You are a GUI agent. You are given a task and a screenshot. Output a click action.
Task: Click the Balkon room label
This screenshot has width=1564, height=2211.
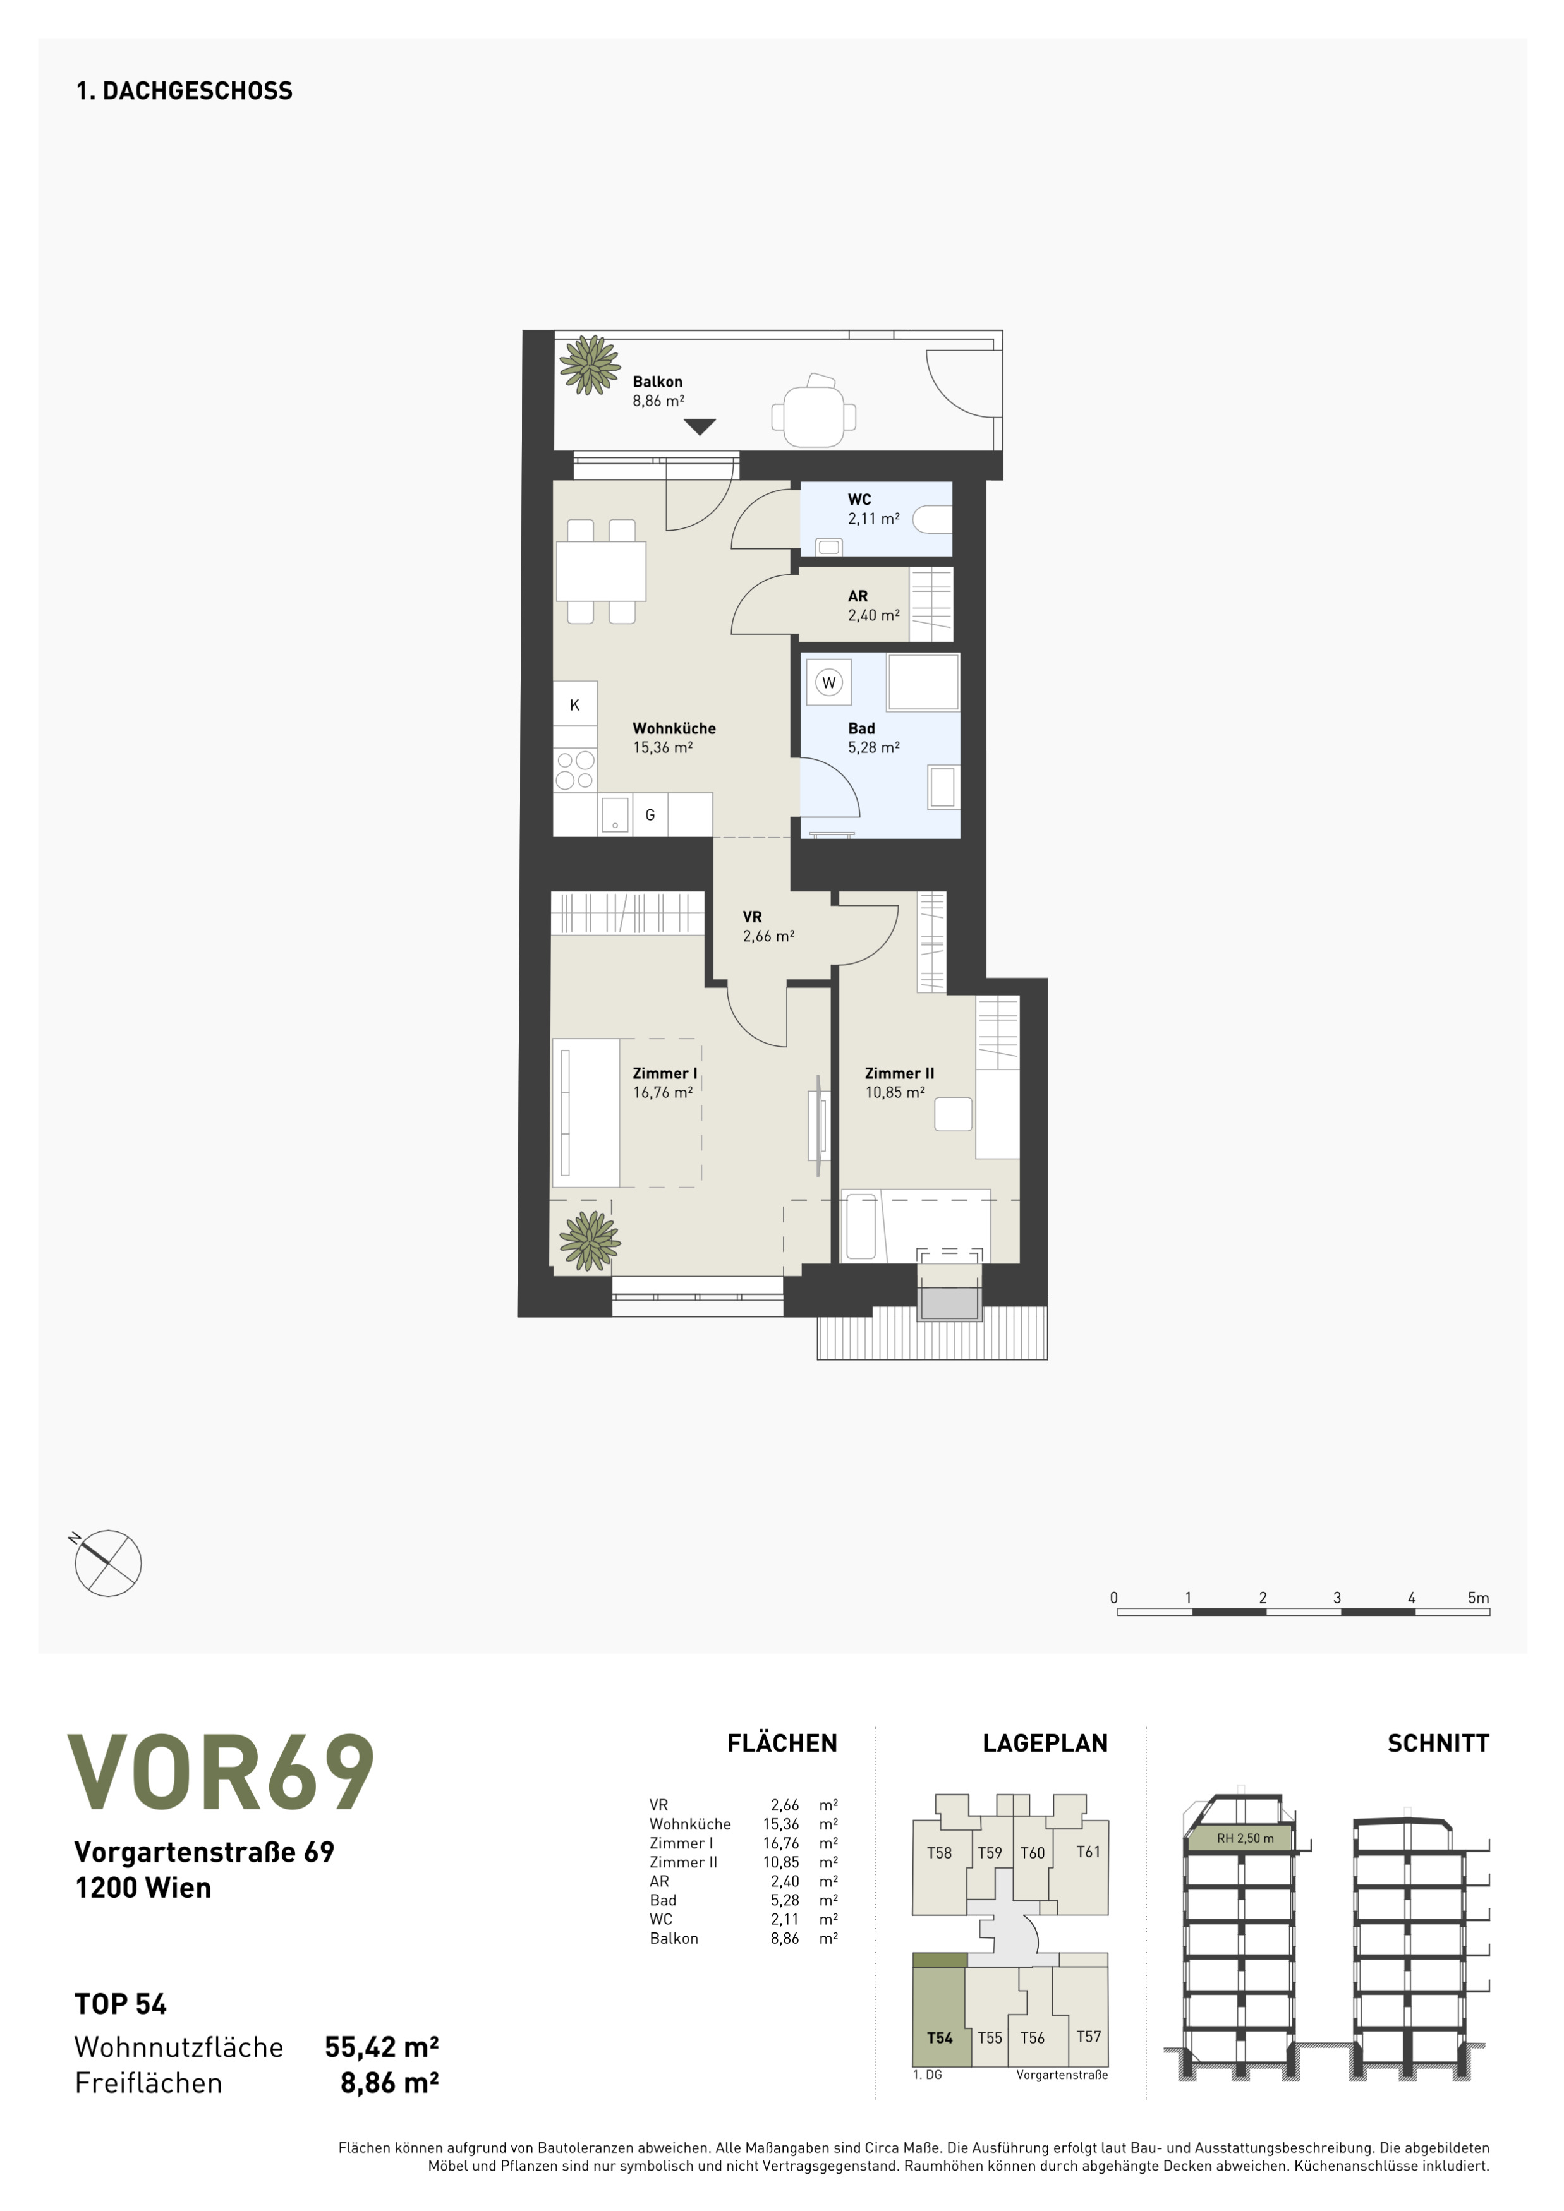point(658,382)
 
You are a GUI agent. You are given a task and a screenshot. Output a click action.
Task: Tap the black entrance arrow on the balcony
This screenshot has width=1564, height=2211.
point(700,426)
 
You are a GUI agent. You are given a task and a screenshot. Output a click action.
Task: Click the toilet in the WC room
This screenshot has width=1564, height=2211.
point(932,520)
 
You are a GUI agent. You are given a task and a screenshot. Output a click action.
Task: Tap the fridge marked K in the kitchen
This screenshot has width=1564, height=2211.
point(575,704)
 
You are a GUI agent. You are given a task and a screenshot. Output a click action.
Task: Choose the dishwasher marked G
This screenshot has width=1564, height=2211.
point(650,815)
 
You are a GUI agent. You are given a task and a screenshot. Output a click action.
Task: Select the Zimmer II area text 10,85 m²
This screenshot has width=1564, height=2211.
point(895,1093)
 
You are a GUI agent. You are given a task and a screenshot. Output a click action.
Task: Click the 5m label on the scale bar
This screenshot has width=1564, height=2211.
point(1478,1598)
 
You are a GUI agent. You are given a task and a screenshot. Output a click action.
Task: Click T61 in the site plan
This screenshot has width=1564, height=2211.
point(1088,1852)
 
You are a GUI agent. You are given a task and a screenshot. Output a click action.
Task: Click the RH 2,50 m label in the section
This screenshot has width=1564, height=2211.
point(1246,1838)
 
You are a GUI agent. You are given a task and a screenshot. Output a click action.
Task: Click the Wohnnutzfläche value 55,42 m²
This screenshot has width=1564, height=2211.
point(382,2047)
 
